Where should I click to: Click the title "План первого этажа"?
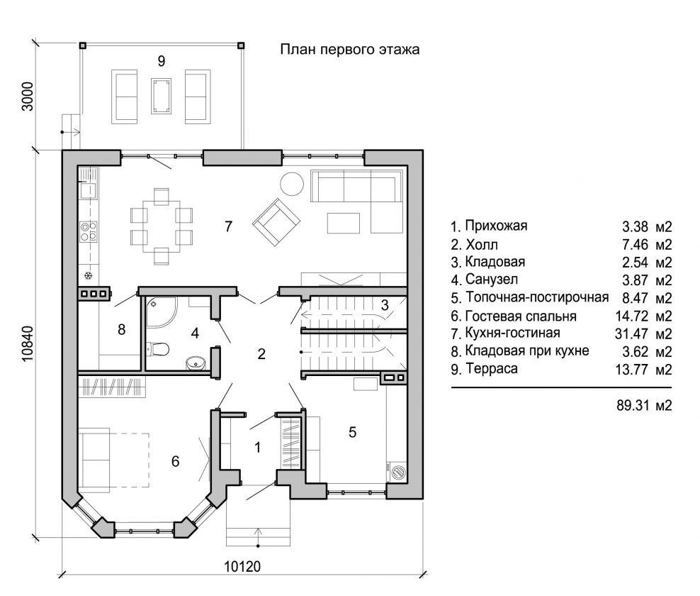click(x=349, y=49)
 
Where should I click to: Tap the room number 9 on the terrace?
click(x=161, y=61)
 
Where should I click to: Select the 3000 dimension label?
click(x=27, y=96)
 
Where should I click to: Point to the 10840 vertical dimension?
click(x=27, y=343)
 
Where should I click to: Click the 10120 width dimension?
click(x=242, y=566)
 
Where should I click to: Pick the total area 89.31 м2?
click(x=644, y=405)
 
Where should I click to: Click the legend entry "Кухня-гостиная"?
click(x=512, y=333)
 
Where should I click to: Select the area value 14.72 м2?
click(x=643, y=316)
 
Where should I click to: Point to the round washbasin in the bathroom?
click(x=195, y=363)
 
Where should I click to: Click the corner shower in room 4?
click(x=161, y=311)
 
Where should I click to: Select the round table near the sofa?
click(x=292, y=184)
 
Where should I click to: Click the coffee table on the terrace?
click(x=161, y=96)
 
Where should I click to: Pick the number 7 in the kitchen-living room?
click(x=229, y=226)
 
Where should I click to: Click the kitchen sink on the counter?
click(x=88, y=190)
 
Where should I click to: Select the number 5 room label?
click(x=352, y=432)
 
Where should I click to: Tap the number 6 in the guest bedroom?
click(x=176, y=461)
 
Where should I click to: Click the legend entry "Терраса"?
click(x=492, y=369)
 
